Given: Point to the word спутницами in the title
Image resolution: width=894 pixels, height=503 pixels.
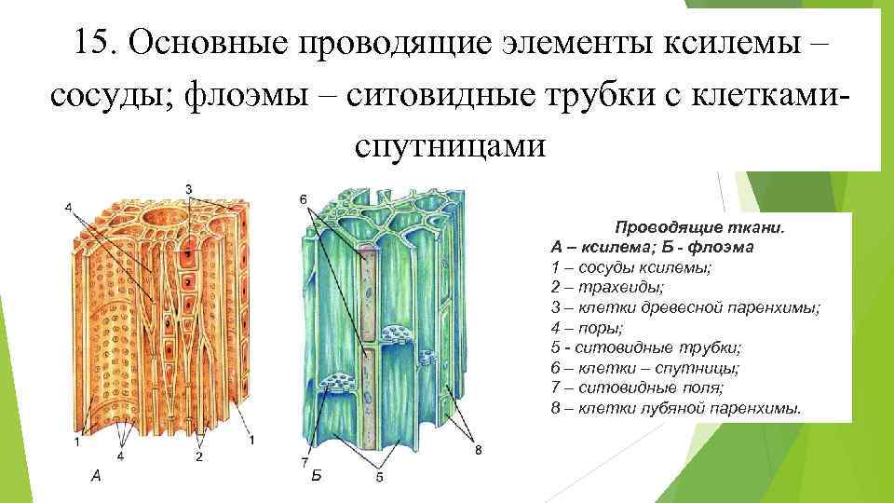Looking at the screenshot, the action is (448, 146).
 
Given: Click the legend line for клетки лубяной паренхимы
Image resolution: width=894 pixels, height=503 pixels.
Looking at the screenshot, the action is (675, 409).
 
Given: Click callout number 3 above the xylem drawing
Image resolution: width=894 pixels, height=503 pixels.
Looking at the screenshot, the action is (189, 189).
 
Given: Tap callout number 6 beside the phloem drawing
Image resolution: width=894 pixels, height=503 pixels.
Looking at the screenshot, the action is (304, 199).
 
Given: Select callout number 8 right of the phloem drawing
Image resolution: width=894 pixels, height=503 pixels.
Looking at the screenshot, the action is (478, 451).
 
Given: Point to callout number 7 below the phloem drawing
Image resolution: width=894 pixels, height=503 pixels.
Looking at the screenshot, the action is (305, 462).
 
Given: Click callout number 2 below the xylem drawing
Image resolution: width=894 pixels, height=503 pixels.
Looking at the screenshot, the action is (199, 457).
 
